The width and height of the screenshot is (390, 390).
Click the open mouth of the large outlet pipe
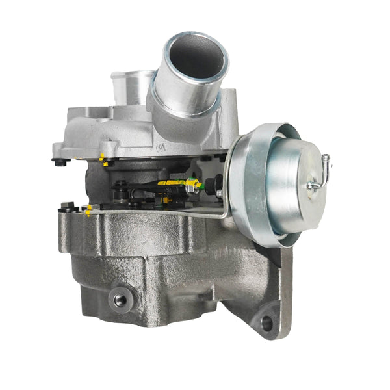point(195,57)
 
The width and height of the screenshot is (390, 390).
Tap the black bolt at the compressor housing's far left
point(60,161)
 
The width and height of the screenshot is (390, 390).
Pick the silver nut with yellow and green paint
point(192,187)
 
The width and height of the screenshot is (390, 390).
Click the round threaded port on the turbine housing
point(120,300)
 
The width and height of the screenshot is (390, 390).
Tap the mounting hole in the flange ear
point(266,322)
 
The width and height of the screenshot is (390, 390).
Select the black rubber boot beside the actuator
point(219,190)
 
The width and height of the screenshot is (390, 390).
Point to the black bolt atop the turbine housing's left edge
point(66,208)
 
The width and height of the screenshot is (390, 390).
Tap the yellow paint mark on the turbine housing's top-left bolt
point(88,211)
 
